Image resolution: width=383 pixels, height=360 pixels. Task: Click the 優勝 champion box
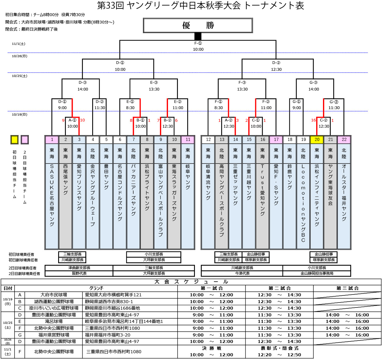(198, 25)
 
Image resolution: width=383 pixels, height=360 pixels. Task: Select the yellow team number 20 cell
(317, 140)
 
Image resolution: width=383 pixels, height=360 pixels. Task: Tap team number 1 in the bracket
(52, 140)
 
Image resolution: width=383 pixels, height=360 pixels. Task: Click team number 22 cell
(344, 140)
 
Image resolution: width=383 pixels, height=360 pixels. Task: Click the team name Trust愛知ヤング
(262, 190)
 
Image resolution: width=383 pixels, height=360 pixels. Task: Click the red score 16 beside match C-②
(313, 120)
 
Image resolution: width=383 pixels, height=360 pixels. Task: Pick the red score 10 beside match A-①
(82, 120)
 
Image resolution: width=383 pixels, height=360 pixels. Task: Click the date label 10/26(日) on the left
(19, 56)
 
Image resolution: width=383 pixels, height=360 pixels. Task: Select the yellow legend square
(15, 140)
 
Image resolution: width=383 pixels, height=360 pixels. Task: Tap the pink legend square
(25, 140)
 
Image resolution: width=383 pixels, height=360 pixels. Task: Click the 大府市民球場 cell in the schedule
(54, 295)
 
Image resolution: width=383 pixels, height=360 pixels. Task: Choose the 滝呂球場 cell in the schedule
(54, 321)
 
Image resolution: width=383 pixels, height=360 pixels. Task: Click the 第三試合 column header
(347, 288)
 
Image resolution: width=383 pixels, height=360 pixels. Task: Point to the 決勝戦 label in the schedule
(212, 348)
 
